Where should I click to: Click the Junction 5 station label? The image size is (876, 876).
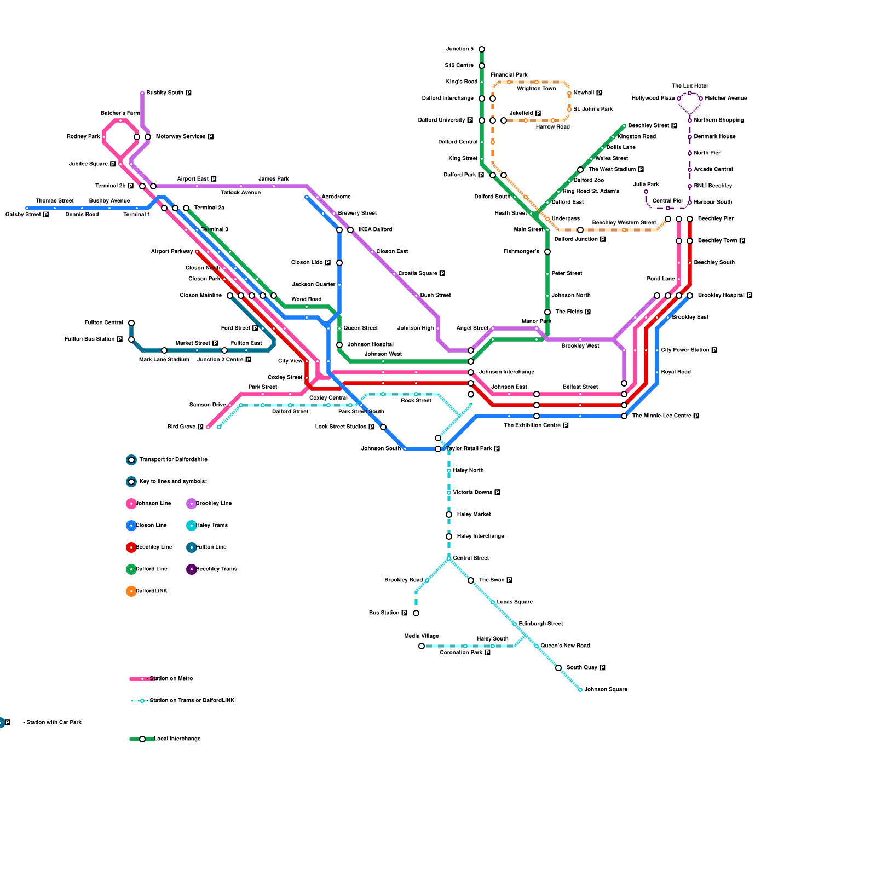(459, 49)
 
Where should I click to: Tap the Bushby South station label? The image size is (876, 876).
(165, 93)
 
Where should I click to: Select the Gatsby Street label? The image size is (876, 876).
(23, 215)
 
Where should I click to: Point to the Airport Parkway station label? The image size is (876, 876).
(172, 252)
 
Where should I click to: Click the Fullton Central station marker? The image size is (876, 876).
(131, 323)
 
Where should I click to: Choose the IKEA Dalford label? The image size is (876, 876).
(375, 230)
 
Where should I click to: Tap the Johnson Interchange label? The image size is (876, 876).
(506, 372)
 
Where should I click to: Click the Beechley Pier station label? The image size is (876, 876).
(716, 219)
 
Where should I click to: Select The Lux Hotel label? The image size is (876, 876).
(690, 86)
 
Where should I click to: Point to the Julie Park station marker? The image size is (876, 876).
(646, 192)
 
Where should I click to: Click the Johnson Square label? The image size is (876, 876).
(606, 690)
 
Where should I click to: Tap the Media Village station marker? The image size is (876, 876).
(422, 646)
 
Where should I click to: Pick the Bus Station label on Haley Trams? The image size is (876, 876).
(384, 613)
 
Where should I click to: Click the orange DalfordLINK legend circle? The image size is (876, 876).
(131, 591)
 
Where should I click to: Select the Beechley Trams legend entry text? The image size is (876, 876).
(216, 569)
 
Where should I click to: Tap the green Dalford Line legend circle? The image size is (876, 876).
(131, 569)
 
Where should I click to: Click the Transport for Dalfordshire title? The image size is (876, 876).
(173, 460)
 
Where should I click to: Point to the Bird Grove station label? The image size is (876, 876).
(181, 427)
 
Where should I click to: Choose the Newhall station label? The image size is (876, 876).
(584, 93)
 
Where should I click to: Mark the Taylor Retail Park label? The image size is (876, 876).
(469, 449)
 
